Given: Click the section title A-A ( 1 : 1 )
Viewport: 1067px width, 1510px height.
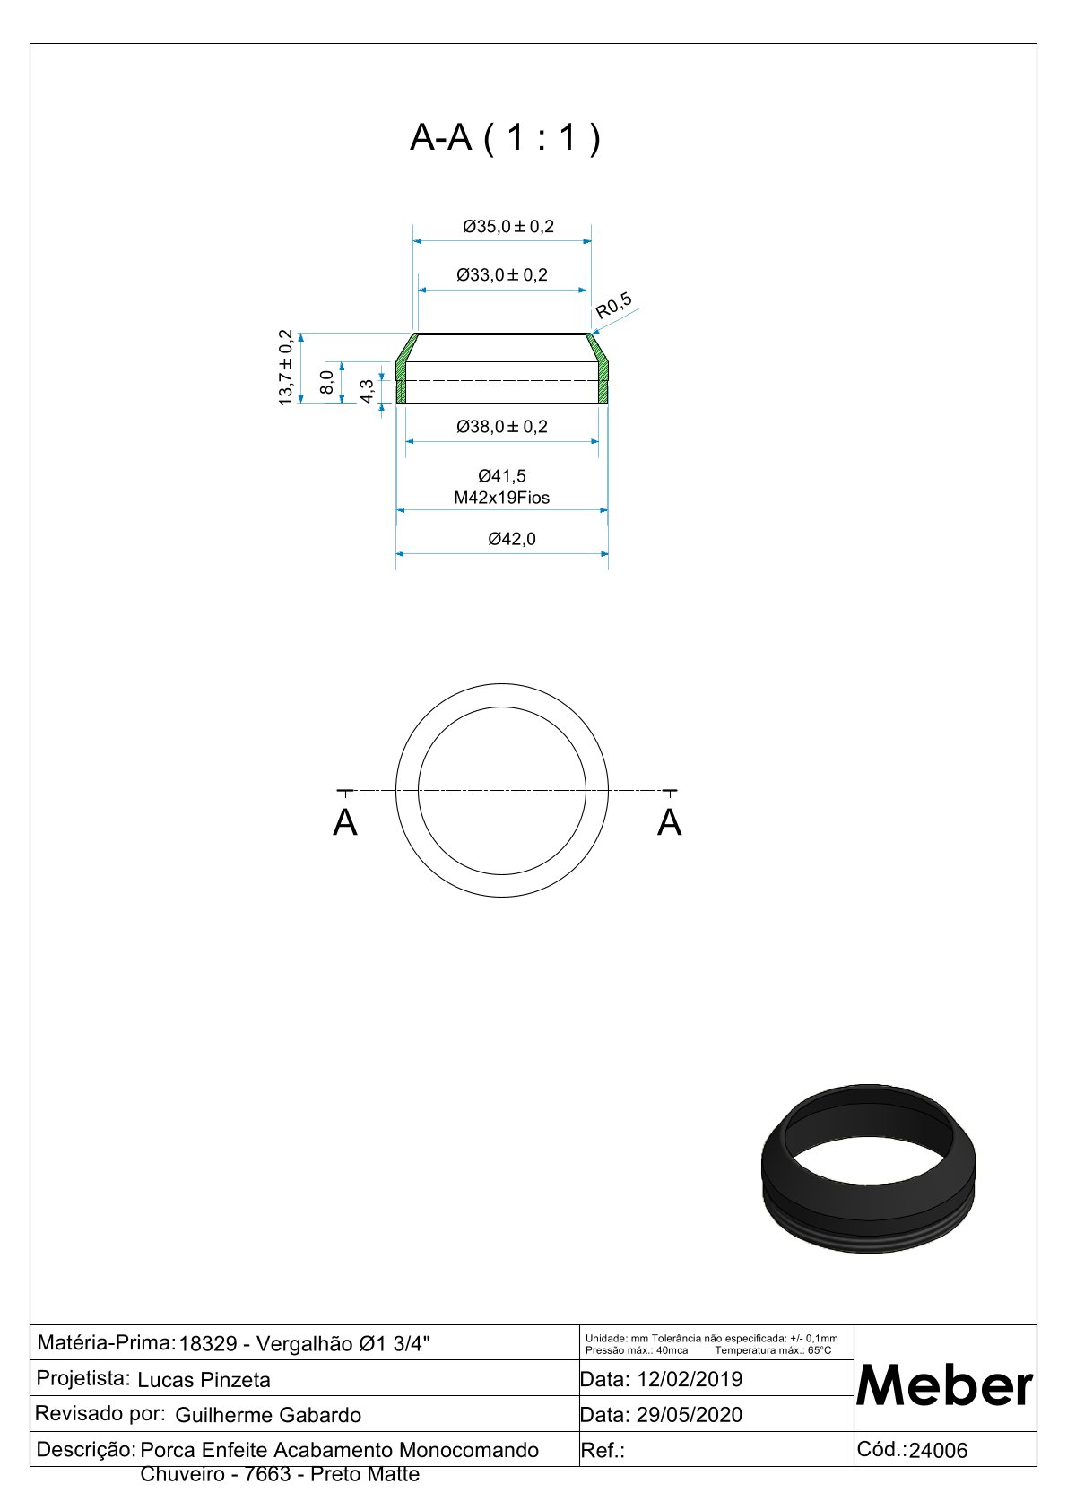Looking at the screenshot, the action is click(505, 138).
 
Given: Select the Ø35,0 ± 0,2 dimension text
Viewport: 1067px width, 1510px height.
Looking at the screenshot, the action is click(508, 227).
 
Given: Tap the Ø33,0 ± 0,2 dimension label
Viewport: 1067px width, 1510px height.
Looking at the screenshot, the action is click(502, 275).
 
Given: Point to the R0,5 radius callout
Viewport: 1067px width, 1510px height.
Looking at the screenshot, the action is click(614, 306).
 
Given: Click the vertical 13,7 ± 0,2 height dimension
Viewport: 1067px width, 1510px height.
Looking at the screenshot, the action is click(286, 367).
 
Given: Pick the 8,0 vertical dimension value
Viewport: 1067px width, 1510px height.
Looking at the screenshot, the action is click(326, 382).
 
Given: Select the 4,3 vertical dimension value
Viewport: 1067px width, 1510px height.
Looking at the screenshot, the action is click(367, 391).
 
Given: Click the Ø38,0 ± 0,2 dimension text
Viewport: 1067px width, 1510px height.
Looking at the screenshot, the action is click(502, 427).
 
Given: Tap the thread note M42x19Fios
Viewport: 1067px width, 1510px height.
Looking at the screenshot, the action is click(501, 499).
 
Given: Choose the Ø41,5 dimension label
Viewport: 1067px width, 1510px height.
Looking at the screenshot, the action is click(502, 477).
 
